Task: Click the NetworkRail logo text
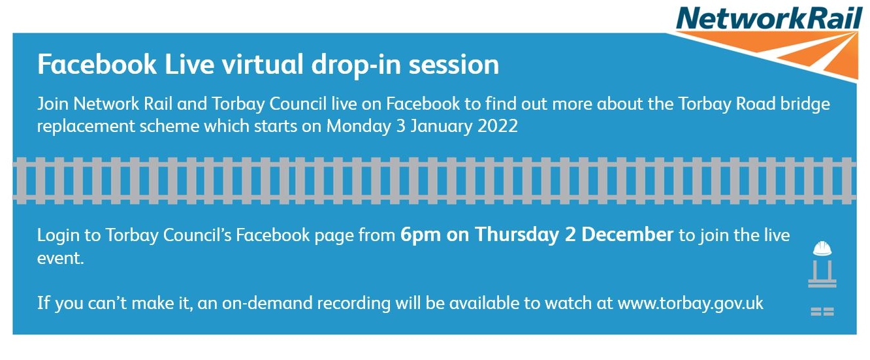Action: click(769, 18)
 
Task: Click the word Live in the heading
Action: click(189, 64)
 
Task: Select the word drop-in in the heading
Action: click(356, 65)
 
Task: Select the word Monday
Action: click(359, 127)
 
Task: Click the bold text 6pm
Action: click(421, 235)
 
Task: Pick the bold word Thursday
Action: click(517, 235)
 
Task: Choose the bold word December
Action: click(627, 235)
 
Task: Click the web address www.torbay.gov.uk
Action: click(690, 303)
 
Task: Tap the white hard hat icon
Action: click(822, 248)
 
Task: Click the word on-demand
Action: click(267, 303)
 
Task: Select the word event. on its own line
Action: click(60, 258)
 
